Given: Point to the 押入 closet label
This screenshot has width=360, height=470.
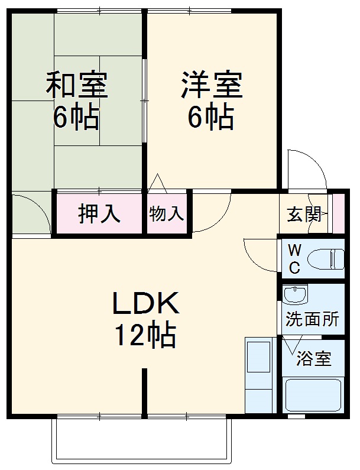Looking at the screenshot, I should tap(99, 213).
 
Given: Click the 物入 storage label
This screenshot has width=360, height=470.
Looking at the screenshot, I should tap(167, 213).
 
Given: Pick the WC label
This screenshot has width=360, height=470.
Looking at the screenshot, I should tap(294, 259).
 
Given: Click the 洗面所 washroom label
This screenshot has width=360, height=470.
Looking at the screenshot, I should tap(312, 319).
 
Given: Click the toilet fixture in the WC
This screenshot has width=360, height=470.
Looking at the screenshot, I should tap(328, 258).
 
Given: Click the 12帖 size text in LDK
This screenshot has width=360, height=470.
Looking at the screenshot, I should tap(145, 336).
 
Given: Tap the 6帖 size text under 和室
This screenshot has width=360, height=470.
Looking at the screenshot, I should tap(76, 118).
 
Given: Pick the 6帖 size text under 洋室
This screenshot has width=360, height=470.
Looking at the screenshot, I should tap(211, 118).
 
